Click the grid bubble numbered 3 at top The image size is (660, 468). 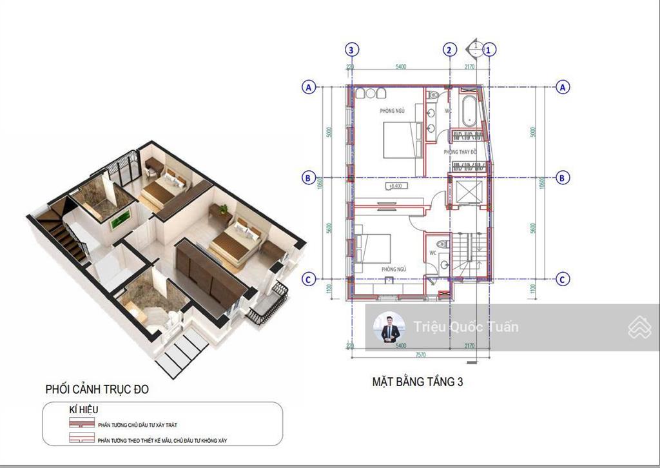(351, 50)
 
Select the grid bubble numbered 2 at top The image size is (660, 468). (450, 50)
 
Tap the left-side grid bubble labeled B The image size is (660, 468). (309, 177)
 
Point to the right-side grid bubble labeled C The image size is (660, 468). (562, 279)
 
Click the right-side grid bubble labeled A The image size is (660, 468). (562, 86)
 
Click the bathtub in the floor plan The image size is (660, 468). (469, 110)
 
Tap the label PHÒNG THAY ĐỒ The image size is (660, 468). (460, 152)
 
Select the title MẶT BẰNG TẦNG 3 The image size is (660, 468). (417, 382)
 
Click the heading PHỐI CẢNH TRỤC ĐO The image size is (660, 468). (97, 389)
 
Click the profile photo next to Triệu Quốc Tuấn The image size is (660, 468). (389, 328)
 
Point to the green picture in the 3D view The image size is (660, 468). (118, 220)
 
